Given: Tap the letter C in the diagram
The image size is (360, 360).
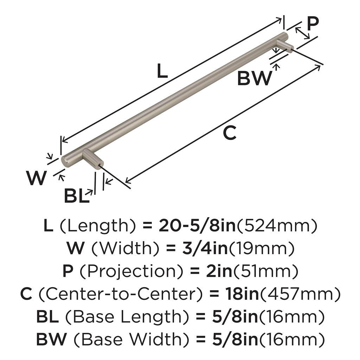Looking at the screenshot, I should coord(230,133).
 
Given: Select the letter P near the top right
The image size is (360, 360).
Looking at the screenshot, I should coord(313,24).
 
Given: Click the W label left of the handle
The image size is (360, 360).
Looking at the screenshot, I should coord(37,178).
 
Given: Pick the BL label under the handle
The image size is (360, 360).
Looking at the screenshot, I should coord(76,196).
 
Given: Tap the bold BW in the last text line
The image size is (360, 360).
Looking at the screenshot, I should coord(51,339).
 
